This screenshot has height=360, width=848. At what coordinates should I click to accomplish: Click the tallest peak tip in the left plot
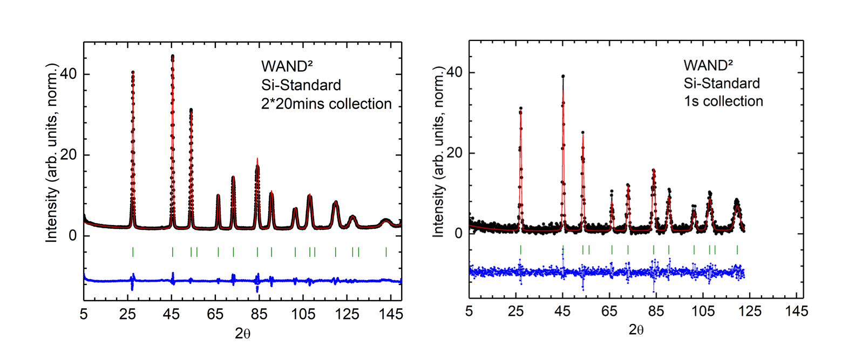click(x=173, y=56)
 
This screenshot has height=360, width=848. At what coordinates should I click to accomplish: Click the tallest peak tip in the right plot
click(x=563, y=76)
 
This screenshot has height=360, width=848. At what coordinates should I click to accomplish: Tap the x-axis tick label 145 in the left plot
click(x=391, y=314)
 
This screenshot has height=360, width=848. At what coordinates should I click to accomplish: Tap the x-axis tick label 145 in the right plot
click(x=797, y=311)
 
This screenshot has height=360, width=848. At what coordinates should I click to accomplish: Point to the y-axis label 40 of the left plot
click(x=68, y=74)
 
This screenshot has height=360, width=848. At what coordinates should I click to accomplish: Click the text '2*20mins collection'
click(x=326, y=104)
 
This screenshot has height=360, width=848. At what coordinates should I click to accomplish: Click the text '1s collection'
click(x=723, y=101)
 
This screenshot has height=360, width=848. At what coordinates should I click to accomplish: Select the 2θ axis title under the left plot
click(x=242, y=334)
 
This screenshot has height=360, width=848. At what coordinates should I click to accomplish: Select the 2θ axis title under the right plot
click(x=636, y=330)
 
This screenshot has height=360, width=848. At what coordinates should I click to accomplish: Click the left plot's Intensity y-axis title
click(x=51, y=153)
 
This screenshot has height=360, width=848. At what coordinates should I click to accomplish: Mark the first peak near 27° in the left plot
click(x=133, y=72)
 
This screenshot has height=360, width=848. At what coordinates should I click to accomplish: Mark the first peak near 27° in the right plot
click(x=520, y=108)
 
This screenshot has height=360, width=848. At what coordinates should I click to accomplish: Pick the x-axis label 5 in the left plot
click(x=84, y=314)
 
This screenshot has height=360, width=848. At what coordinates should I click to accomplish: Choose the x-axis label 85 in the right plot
click(x=656, y=311)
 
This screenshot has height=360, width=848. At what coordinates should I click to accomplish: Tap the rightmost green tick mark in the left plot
click(x=386, y=252)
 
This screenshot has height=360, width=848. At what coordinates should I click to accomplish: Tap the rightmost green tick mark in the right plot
click(x=737, y=249)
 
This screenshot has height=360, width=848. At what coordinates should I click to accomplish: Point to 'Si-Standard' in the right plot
click(x=722, y=83)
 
